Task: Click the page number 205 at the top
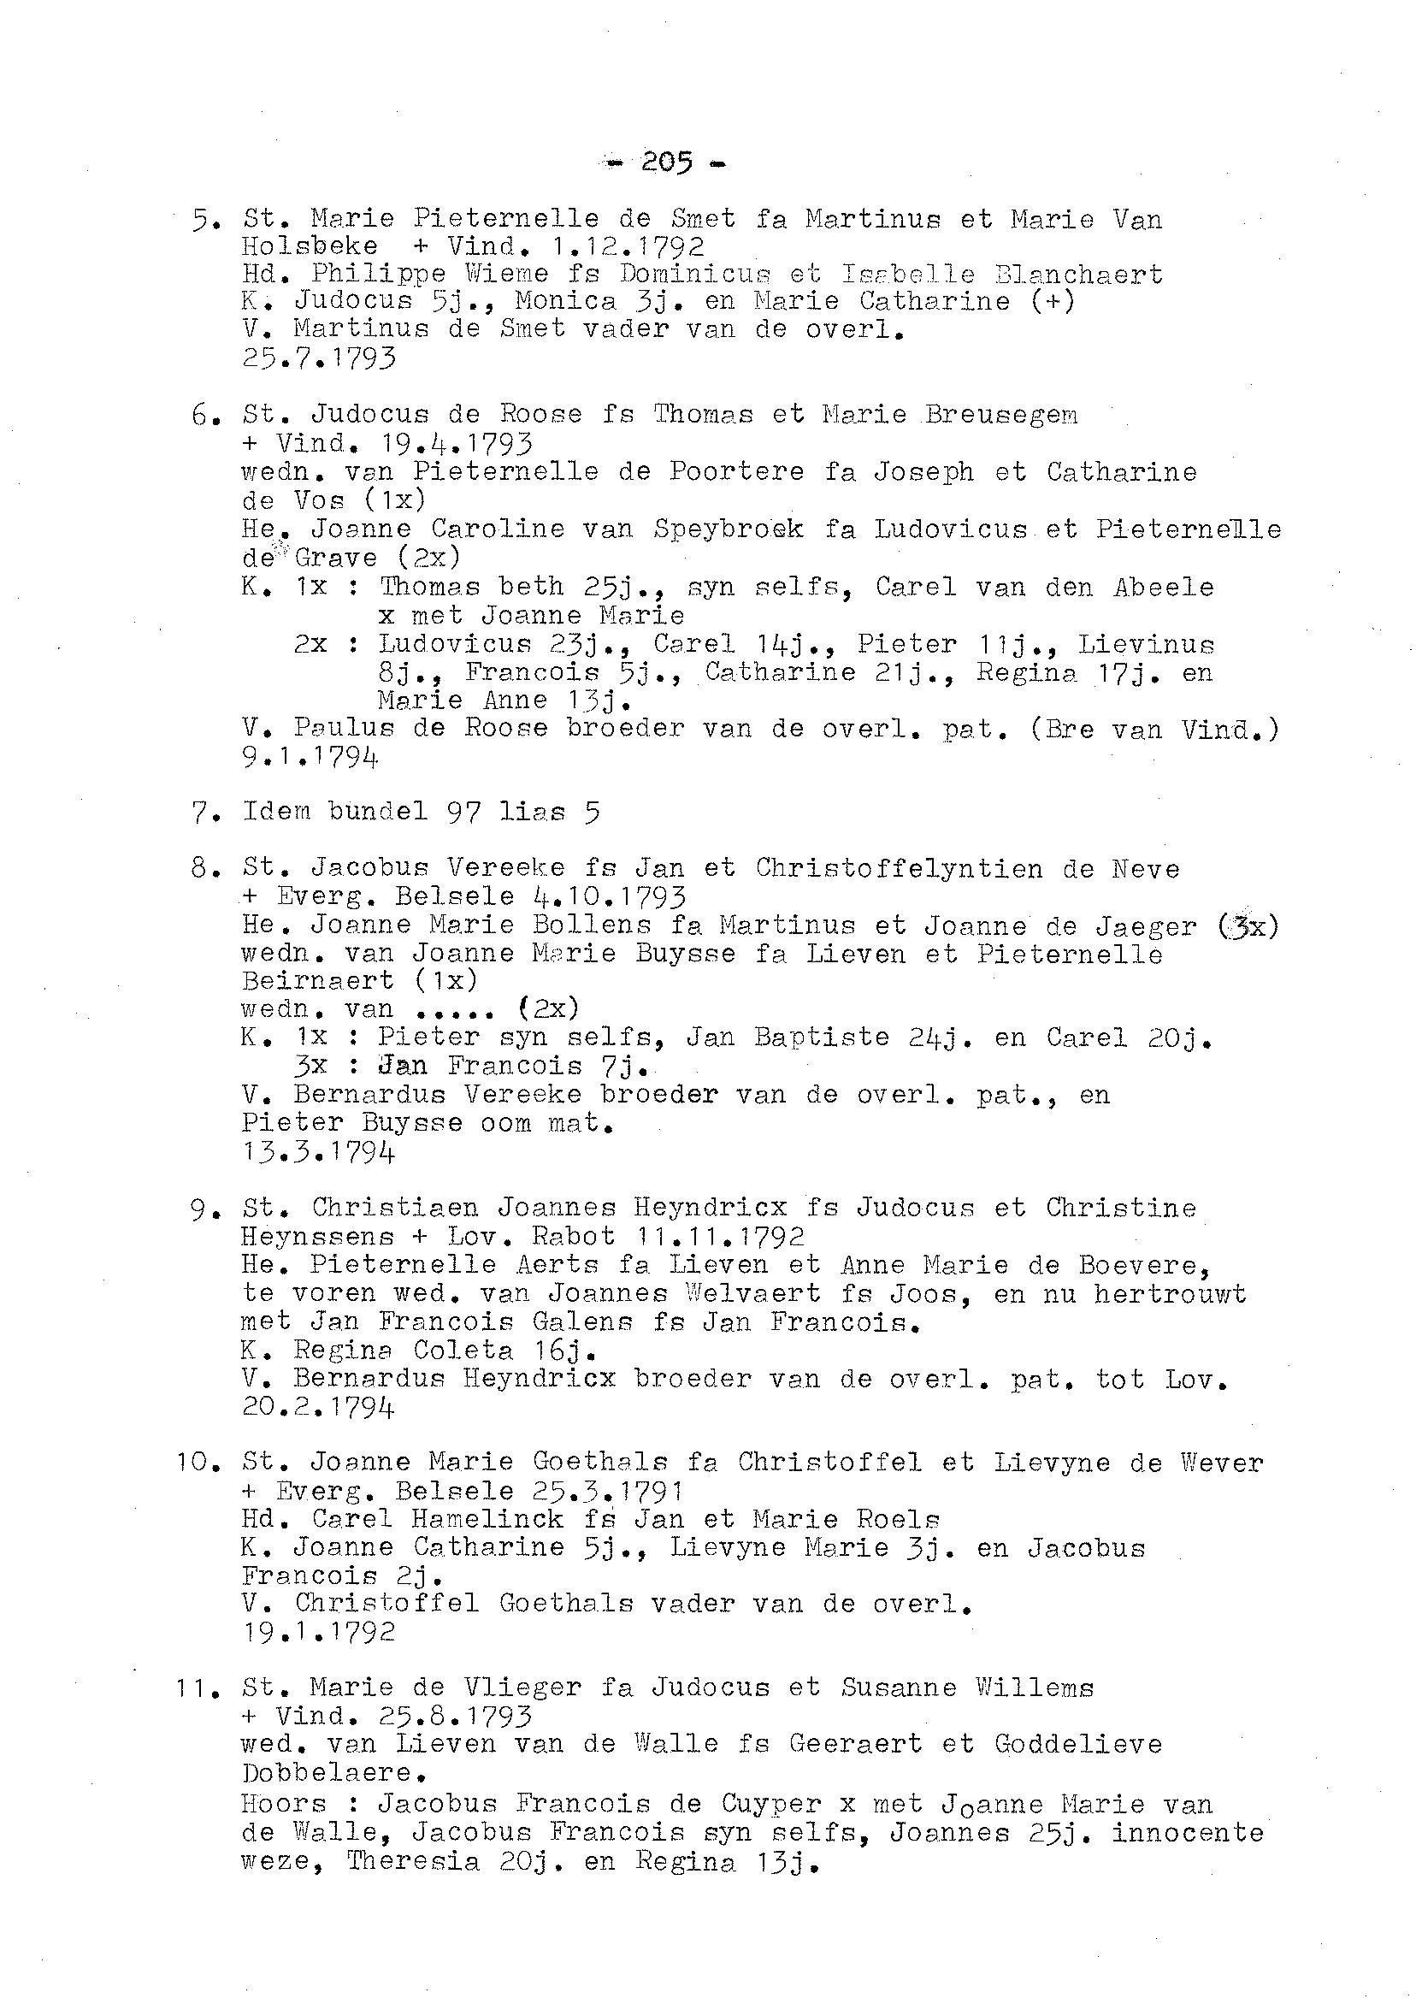tap(667, 163)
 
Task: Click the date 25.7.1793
tap(318, 358)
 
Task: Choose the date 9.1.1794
tap(310, 757)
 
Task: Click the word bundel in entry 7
tap(378, 811)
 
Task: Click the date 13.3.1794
tap(318, 1153)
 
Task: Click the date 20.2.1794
tap(318, 1407)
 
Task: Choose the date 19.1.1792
tap(318, 1632)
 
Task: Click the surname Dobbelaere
tap(327, 1773)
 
